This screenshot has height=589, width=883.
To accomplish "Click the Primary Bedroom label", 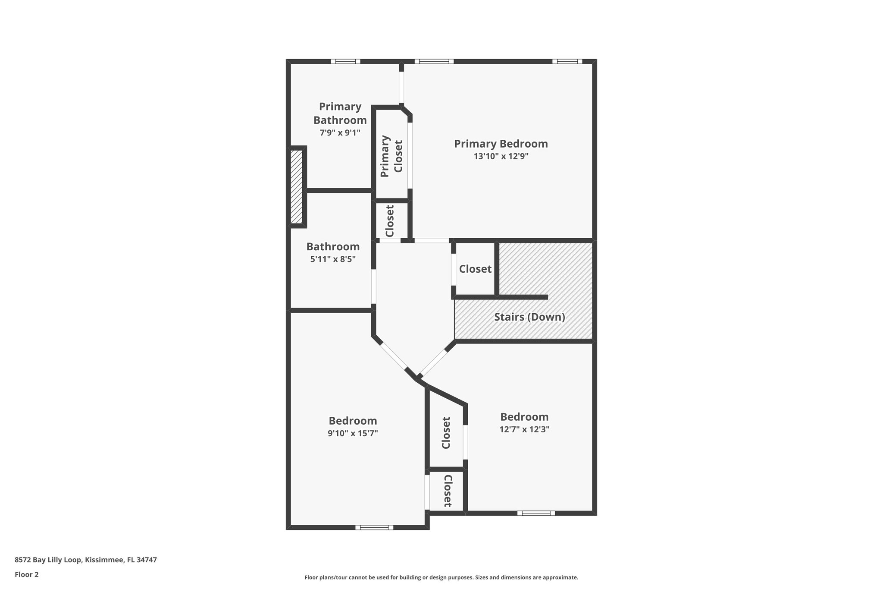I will click(x=501, y=144).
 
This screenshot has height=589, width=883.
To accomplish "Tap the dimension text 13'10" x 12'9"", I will click(x=501, y=157).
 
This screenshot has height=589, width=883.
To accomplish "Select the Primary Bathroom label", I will click(x=340, y=113).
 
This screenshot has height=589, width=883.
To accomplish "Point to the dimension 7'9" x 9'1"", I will click(x=340, y=133).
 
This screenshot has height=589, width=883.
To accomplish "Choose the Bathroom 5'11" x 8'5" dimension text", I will click(x=333, y=259).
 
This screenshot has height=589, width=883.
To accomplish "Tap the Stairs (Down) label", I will click(x=529, y=317).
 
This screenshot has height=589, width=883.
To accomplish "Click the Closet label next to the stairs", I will click(x=475, y=269).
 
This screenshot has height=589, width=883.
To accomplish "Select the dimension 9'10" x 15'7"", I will click(x=353, y=433).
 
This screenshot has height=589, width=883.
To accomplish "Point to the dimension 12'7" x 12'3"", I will click(x=524, y=429).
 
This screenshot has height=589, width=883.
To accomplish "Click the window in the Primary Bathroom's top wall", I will click(x=345, y=61).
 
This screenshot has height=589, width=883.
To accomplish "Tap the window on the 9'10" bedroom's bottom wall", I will click(x=374, y=527).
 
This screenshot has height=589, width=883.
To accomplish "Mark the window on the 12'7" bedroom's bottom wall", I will click(x=536, y=513).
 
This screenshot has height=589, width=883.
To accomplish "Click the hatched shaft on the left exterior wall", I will click(x=296, y=186).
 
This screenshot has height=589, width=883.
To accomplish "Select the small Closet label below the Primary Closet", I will click(x=390, y=221).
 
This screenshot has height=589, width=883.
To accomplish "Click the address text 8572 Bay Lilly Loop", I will click(x=85, y=560).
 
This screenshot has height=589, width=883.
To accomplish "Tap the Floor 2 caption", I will click(x=27, y=574).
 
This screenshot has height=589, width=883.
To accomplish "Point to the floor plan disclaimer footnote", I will click(x=441, y=577).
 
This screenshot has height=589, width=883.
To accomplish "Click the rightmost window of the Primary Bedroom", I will click(x=567, y=61).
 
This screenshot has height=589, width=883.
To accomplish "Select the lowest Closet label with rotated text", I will click(x=448, y=491).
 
